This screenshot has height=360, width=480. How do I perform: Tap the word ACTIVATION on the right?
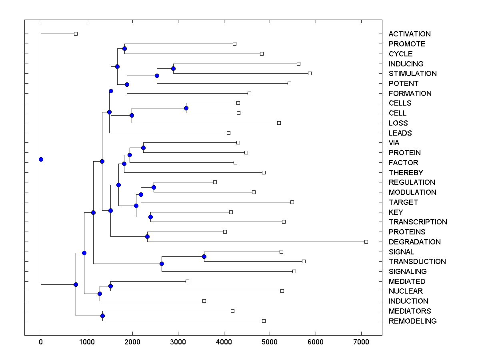(x=410, y=34)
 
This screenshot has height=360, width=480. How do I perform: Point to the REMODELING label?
(x=412, y=321)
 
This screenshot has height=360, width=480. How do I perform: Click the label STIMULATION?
(x=412, y=74)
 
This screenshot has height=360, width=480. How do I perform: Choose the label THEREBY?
(x=406, y=173)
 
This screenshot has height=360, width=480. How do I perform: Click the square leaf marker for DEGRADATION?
(x=366, y=242)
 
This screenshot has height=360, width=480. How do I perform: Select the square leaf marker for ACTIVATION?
(x=76, y=34)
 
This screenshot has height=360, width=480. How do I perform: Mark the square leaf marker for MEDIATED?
(x=187, y=281)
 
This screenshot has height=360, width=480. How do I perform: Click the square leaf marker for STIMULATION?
(x=310, y=73)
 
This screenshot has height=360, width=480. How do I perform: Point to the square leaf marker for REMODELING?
(x=264, y=321)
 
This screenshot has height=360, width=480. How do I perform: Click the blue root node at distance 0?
(x=41, y=159)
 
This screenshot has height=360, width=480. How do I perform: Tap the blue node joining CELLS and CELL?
(x=186, y=108)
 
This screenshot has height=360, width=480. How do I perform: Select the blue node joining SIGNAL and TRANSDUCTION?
(x=204, y=256)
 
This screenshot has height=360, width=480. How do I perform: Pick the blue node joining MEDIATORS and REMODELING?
(x=102, y=316)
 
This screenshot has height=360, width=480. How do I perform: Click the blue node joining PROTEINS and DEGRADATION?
(x=147, y=237)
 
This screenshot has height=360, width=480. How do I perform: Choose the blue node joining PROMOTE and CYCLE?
(x=124, y=48)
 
